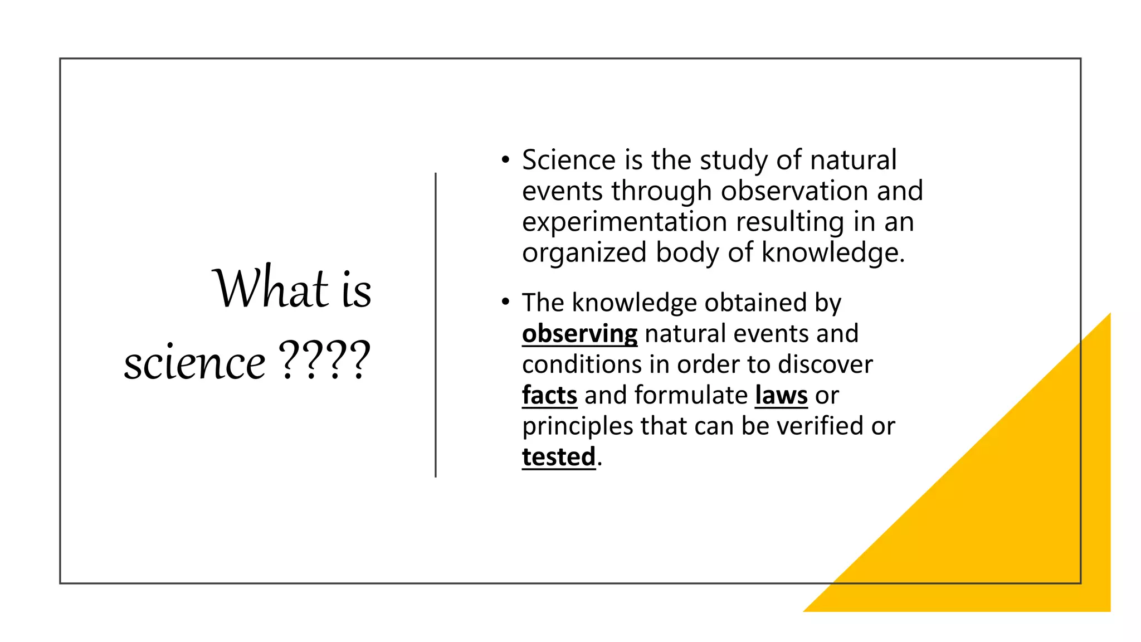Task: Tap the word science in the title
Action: (194, 363)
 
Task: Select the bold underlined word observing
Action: (579, 334)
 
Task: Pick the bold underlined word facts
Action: (549, 395)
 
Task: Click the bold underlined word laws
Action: (781, 395)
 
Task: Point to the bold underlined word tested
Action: (559, 457)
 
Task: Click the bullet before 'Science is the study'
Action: (505, 160)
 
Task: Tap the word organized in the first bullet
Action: (584, 253)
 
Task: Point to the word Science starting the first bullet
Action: (568, 160)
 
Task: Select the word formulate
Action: (691, 395)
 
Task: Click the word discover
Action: (825, 364)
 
